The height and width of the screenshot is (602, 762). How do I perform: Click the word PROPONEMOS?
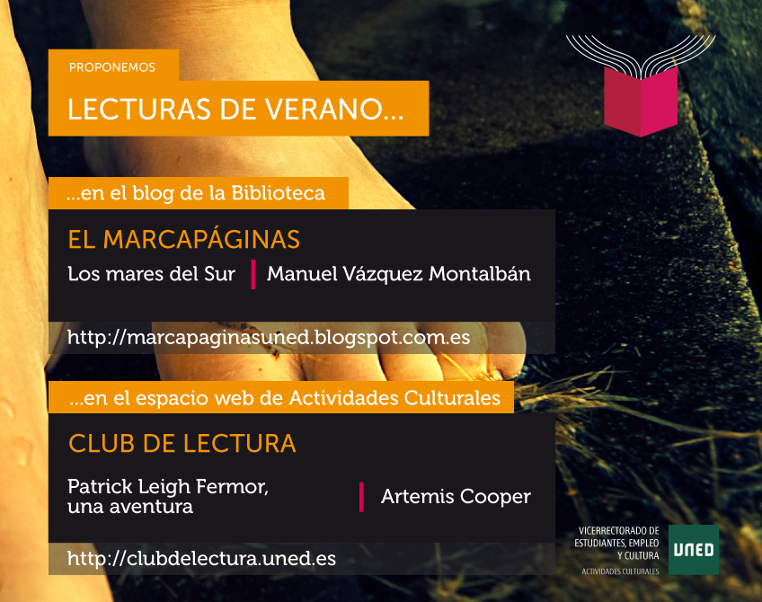pyautogui.click(x=111, y=67)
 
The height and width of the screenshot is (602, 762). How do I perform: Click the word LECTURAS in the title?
pyautogui.click(x=139, y=109)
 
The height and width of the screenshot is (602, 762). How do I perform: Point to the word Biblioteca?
pyautogui.click(x=278, y=193)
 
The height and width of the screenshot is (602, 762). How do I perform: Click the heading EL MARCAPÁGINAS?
pyautogui.click(x=183, y=239)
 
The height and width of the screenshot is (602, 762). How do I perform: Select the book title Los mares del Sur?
pyautogui.click(x=151, y=274)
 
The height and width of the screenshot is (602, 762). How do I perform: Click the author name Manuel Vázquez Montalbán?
pyautogui.click(x=398, y=274)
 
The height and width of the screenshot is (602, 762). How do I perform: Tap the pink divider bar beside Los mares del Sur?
pyautogui.click(x=253, y=275)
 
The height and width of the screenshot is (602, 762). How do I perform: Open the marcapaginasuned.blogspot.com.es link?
pyautogui.click(x=269, y=337)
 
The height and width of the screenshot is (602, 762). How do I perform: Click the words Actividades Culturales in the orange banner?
pyautogui.click(x=394, y=398)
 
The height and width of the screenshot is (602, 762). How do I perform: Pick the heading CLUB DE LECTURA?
pyautogui.click(x=182, y=444)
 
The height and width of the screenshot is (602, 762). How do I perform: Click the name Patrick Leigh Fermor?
pyautogui.click(x=168, y=486)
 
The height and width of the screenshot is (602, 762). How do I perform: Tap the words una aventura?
pyautogui.click(x=130, y=507)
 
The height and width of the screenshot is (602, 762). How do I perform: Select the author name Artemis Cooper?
pyautogui.click(x=456, y=497)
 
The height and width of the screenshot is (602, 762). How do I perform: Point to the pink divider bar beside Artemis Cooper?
pyautogui.click(x=361, y=497)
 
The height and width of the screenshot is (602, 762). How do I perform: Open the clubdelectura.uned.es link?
pyautogui.click(x=201, y=559)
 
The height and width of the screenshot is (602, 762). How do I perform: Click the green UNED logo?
pyautogui.click(x=694, y=550)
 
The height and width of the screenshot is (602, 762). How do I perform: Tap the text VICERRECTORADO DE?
pyautogui.click(x=618, y=531)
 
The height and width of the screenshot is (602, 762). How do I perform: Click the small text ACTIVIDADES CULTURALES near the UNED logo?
pyautogui.click(x=620, y=571)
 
